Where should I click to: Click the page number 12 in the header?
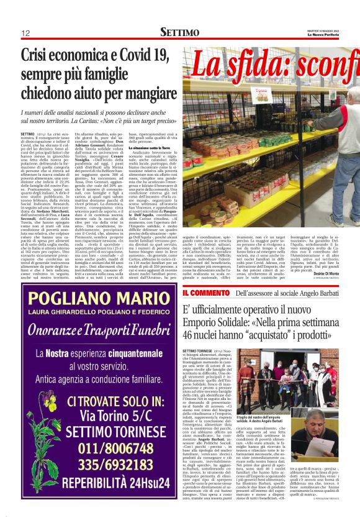point(25,33)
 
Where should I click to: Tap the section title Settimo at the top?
point(179,32)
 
